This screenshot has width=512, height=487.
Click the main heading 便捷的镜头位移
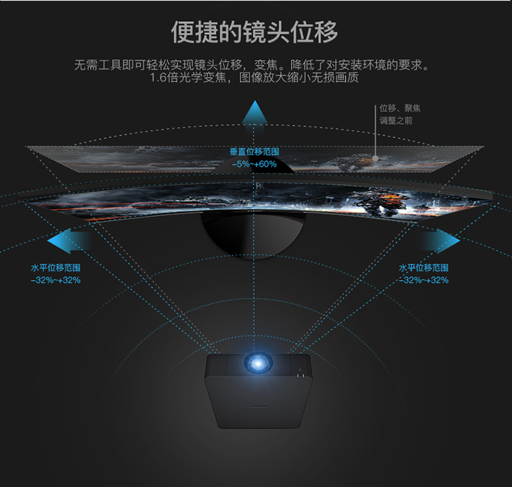pos(255,32)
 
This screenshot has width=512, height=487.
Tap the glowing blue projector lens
pos(258,363)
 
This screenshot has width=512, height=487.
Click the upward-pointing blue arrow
pos(255,117)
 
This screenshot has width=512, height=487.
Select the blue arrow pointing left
pos(69,241)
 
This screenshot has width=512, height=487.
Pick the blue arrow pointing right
pos(440,241)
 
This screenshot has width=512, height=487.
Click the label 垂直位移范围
pos(255,152)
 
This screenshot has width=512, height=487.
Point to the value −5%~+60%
pos(255,164)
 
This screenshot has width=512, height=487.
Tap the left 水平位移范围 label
pos(55,268)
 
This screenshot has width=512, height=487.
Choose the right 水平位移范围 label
pos(423,268)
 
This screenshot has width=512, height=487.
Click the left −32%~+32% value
pos(55,280)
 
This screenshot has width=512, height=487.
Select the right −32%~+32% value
pos(423,280)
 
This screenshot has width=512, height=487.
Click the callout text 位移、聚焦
pos(400,108)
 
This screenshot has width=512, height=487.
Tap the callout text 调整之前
pos(396,120)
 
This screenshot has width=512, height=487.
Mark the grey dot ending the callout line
pos(375,158)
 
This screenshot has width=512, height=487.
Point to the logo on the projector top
pos(258,406)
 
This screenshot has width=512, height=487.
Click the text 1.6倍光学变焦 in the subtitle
pos(188,78)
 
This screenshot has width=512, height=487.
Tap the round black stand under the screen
pos(253,234)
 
